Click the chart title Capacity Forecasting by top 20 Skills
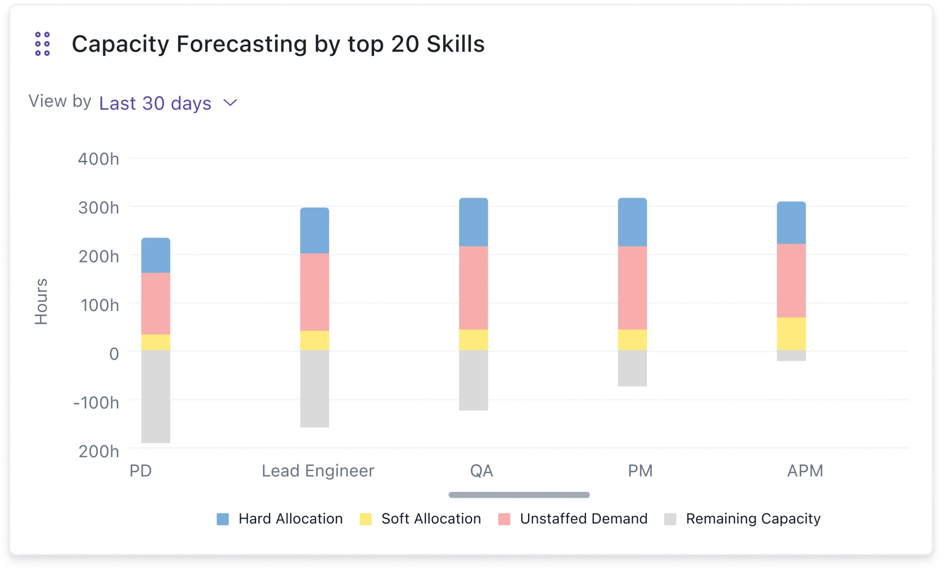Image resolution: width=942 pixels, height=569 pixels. click(x=278, y=43)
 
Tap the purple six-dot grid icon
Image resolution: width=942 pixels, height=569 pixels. click(x=42, y=43)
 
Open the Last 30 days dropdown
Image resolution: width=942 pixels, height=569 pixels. click(x=155, y=103)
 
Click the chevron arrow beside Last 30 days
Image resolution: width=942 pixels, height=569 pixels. click(x=230, y=102)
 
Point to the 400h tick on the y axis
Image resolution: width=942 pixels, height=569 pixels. click(x=99, y=159)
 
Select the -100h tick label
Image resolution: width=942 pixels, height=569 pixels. click(x=96, y=403)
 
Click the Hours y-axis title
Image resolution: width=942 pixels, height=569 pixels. click(x=41, y=302)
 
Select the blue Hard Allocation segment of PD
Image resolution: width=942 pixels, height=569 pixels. click(x=156, y=255)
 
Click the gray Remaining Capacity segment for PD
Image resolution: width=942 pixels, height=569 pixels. click(x=156, y=396)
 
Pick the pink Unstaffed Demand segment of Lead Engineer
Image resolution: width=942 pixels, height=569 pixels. click(x=314, y=292)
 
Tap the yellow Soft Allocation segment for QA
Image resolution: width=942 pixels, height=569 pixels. click(x=473, y=340)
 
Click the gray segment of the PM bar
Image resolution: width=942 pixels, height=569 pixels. click(x=632, y=368)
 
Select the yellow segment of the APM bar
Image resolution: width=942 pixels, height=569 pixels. click(x=791, y=334)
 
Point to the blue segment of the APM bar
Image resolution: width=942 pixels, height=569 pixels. click(x=791, y=223)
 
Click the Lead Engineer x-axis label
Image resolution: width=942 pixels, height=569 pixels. click(x=318, y=471)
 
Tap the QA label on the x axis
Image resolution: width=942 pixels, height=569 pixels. click(x=481, y=471)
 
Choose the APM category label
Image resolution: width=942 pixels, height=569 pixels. click(x=805, y=471)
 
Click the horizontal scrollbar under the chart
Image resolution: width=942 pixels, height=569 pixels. click(x=519, y=495)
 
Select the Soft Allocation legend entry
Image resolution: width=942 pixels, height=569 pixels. click(x=431, y=519)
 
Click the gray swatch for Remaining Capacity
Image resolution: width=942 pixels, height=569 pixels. click(x=670, y=519)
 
